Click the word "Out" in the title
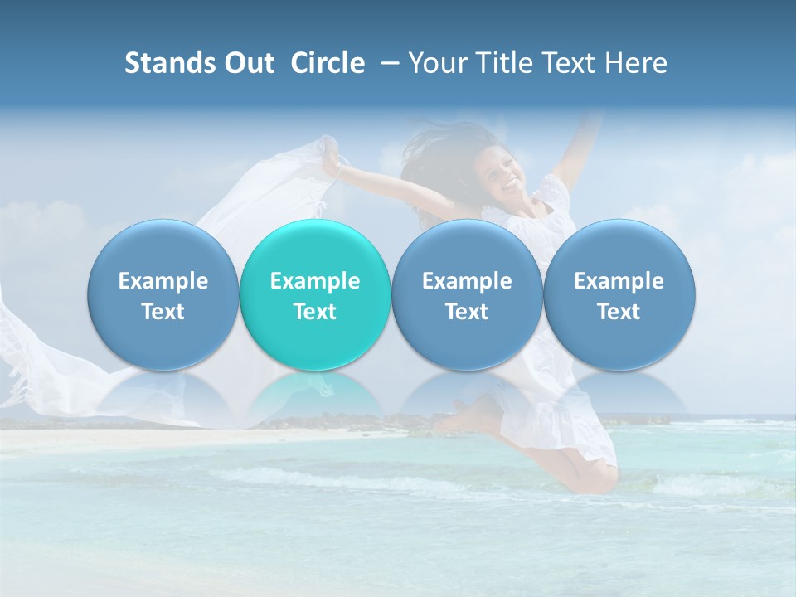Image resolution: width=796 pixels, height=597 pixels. [x=250, y=63]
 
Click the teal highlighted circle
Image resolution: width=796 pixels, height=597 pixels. [x=315, y=294]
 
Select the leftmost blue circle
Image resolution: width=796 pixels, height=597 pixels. [x=163, y=294]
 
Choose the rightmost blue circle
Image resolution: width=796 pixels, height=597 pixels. [x=619, y=294]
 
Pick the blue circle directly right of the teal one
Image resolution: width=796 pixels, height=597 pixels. [x=467, y=294]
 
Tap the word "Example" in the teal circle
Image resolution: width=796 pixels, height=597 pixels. [x=315, y=281]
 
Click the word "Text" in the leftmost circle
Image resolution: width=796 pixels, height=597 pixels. [x=163, y=312]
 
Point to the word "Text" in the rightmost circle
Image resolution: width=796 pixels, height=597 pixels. [x=619, y=312]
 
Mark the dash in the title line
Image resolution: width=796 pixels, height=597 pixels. [x=387, y=63]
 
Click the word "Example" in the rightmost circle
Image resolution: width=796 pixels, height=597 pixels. [x=619, y=281]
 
